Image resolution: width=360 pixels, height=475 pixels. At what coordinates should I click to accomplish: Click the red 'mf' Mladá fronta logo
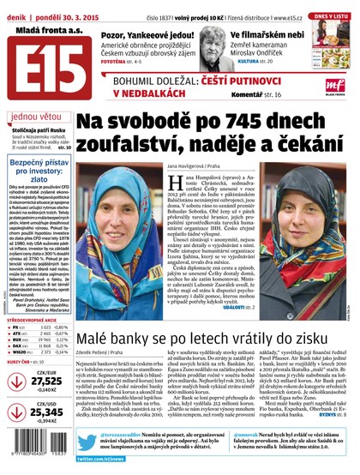[336, 82]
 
